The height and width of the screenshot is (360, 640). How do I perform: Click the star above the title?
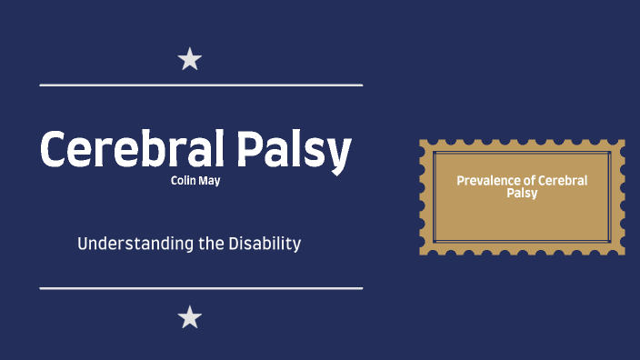[x=189, y=60]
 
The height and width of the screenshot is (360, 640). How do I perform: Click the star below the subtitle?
[x=189, y=317]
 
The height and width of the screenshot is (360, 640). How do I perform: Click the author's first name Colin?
[x=183, y=180]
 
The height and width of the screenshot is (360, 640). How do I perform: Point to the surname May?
[x=209, y=181]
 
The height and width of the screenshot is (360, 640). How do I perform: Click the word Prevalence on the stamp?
[x=485, y=181]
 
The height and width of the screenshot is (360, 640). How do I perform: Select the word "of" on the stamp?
[x=525, y=181]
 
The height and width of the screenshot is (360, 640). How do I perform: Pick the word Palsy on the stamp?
[x=522, y=193]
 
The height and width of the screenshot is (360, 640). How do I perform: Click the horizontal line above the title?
[x=201, y=85]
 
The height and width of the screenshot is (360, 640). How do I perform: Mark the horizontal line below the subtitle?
[x=201, y=288]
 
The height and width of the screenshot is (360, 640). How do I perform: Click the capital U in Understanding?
[x=83, y=244]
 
